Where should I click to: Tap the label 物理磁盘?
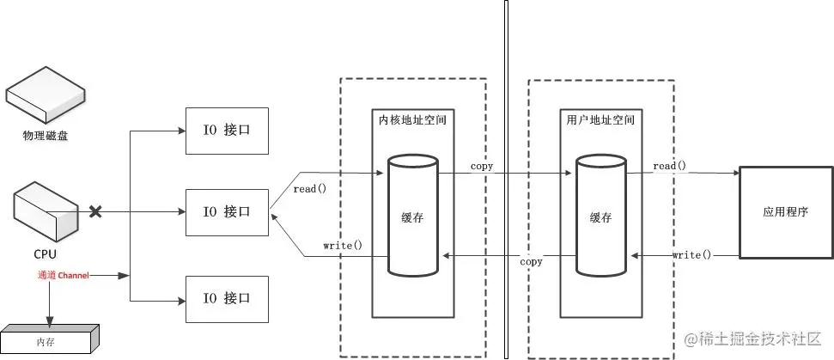tap(45, 137)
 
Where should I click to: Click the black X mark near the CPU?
tap(96, 211)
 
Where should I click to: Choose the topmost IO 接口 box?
tap(226, 131)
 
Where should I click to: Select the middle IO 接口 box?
tap(226, 211)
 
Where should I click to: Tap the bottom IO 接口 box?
tap(226, 298)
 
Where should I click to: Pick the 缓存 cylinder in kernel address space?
tap(412, 215)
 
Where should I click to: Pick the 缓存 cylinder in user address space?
tap(601, 215)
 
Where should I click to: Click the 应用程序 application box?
tap(786, 211)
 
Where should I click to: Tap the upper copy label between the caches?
tap(482, 166)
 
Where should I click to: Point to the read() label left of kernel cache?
tap(310, 188)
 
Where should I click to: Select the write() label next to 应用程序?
tap(691, 254)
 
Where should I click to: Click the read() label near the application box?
tap(669, 165)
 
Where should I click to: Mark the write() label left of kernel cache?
tap(342, 245)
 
